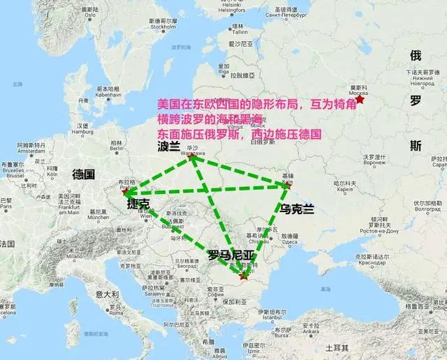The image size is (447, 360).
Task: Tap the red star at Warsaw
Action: (192, 157)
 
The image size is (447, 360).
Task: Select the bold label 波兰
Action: (170, 147)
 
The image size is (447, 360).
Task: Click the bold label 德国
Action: (84, 174)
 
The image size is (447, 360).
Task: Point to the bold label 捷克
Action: (138, 204)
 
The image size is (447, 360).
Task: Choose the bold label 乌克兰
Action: (295, 209)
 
